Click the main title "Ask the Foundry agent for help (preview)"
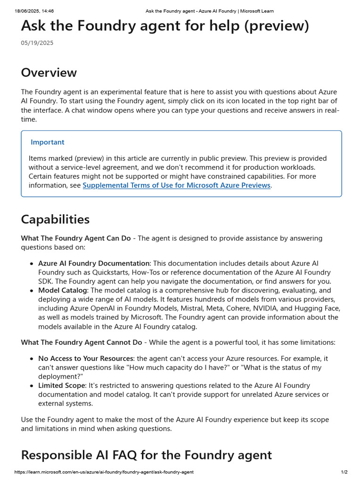[x=165, y=26]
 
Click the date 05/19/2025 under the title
[x=37, y=43]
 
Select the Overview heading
[x=49, y=73]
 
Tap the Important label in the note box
[x=48, y=142]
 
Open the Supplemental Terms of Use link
[x=176, y=185]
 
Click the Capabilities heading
[x=55, y=219]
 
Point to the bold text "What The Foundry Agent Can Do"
[x=76, y=238]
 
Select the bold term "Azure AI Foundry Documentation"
[x=93, y=263]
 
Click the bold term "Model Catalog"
[x=63, y=291]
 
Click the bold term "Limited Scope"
[x=62, y=385]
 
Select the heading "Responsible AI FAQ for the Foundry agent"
[x=147, y=455]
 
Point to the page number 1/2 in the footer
[x=344, y=472]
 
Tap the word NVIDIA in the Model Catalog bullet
[x=255, y=308]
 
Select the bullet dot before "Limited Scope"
[x=32, y=386]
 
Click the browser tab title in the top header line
[x=209, y=11]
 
